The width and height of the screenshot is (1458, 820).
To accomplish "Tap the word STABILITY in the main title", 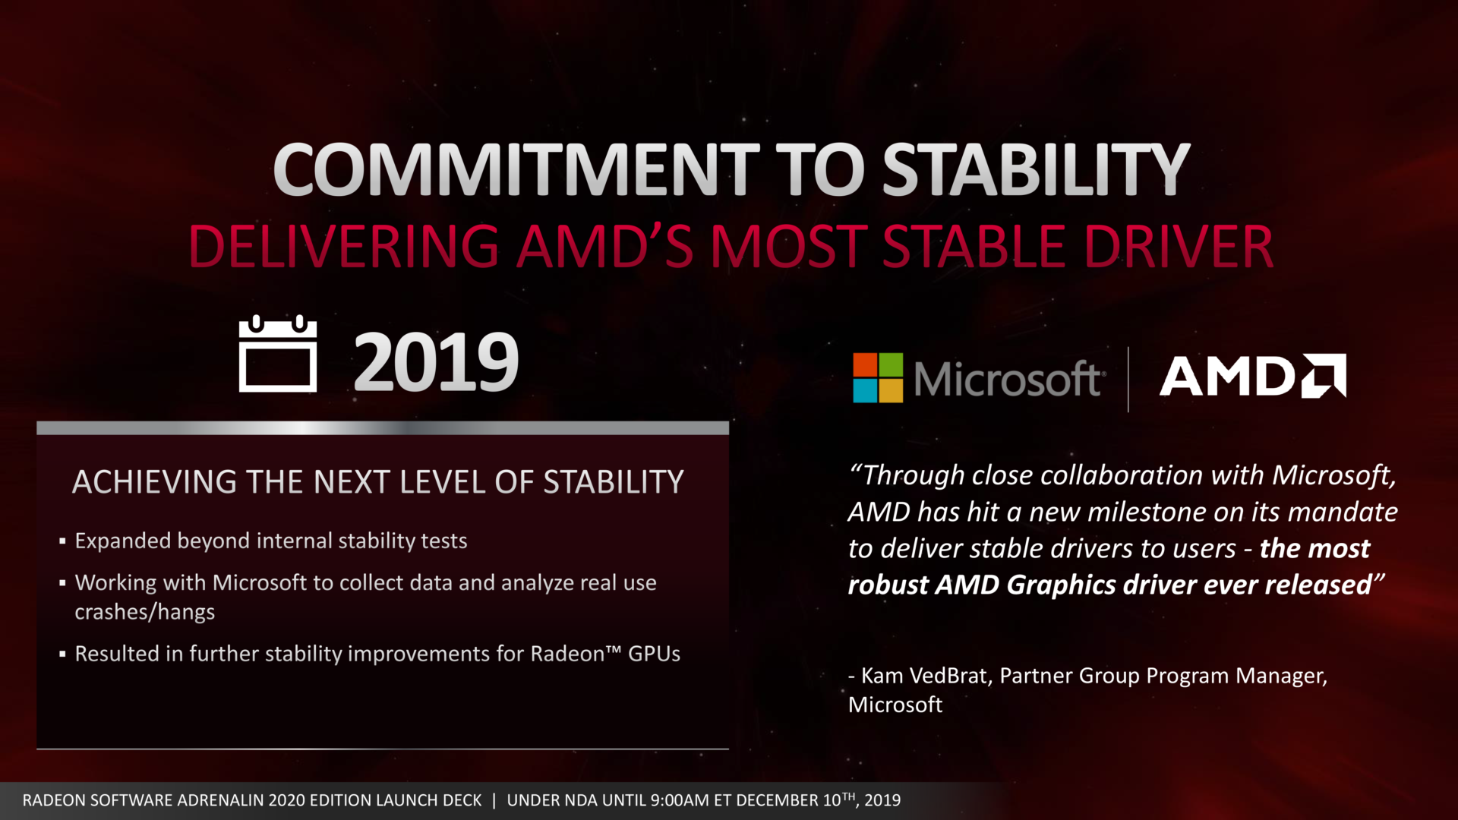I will (x=1036, y=170).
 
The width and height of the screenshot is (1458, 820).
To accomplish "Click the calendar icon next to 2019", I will (x=278, y=355).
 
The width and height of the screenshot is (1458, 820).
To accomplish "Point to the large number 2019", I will (x=436, y=363).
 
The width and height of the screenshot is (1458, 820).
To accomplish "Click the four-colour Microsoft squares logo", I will (x=878, y=377).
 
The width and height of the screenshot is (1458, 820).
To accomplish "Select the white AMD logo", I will (x=1252, y=376).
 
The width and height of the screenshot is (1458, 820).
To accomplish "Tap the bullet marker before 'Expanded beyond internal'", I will (x=62, y=542).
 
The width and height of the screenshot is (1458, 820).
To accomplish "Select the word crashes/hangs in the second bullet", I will (x=144, y=612).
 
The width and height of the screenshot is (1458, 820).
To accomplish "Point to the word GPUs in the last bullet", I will (x=654, y=654).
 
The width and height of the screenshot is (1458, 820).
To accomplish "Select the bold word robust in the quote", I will (x=887, y=585).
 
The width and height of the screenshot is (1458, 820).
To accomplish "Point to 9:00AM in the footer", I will (x=680, y=800).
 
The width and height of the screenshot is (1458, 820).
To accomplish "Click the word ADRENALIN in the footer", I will (x=217, y=800).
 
